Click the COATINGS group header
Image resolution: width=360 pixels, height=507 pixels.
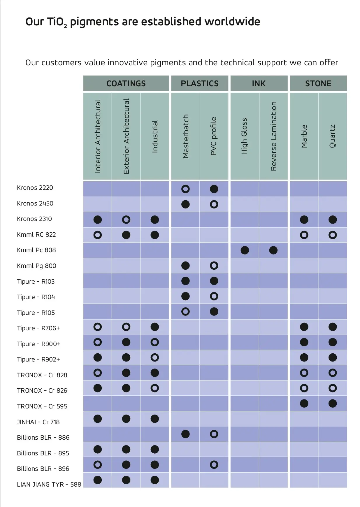click(x=126, y=83)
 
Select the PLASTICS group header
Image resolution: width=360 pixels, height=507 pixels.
click(x=199, y=83)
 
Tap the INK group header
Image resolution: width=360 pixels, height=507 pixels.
click(x=259, y=83)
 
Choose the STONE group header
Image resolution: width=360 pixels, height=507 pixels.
click(x=318, y=83)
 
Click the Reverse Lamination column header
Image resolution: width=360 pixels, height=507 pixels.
click(x=273, y=136)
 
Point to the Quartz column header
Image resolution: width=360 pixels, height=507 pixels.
click(x=332, y=136)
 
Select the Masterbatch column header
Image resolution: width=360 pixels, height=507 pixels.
click(x=186, y=136)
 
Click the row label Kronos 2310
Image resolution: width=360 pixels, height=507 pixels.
click(x=34, y=219)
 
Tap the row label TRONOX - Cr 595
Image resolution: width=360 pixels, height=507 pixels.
click(x=42, y=406)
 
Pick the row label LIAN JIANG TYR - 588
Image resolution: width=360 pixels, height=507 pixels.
click(x=49, y=485)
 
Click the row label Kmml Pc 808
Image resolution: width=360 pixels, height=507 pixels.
click(x=36, y=250)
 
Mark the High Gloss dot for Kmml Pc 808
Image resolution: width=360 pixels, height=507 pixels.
click(x=245, y=250)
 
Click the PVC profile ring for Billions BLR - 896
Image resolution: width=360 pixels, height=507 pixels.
click(x=214, y=465)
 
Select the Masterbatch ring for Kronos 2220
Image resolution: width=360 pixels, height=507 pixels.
click(x=185, y=189)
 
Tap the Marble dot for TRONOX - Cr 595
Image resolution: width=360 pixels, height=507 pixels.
click(x=304, y=404)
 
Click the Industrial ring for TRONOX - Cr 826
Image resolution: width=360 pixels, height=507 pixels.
click(x=155, y=388)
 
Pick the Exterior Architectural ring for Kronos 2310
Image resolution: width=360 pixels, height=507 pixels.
click(x=126, y=220)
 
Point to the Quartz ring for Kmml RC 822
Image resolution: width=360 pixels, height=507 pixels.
click(x=333, y=235)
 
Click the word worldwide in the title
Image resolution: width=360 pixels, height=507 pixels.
click(x=232, y=22)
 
